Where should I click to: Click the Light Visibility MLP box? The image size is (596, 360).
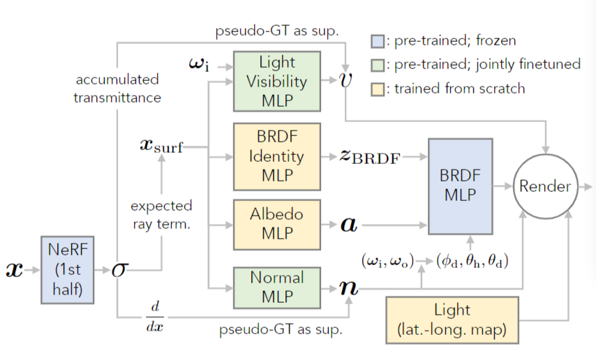pos(276,82)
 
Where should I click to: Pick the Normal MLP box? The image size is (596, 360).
pos(276,287)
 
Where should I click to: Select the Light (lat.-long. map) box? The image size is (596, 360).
pos(452,319)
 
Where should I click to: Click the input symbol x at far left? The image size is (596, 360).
pos(14,269)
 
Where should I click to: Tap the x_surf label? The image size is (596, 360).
pos(162,147)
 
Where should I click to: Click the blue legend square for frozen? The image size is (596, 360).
pos(378,40)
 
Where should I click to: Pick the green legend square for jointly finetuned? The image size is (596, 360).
pos(378,65)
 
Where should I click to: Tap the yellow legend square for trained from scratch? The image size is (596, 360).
pos(378,89)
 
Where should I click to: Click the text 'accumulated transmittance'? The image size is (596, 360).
pos(117,88)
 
